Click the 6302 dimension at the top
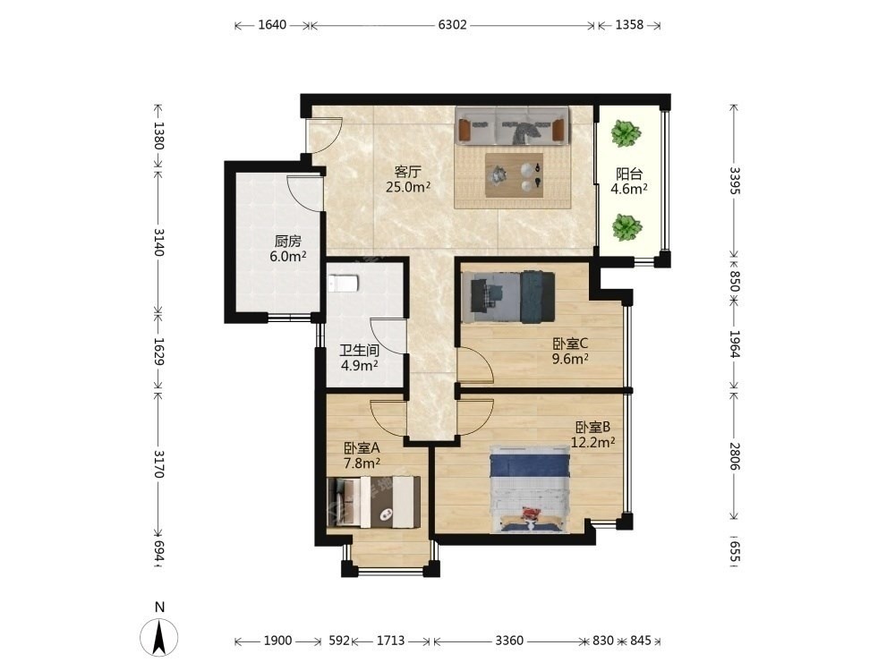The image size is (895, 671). (x=452, y=25)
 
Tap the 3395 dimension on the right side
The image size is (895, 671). (x=735, y=181)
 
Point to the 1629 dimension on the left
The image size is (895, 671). (x=158, y=352)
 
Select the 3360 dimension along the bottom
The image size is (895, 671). (x=508, y=641)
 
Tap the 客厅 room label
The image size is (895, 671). (x=407, y=172)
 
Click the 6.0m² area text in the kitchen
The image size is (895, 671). (x=287, y=257)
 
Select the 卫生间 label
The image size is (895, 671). (x=359, y=351)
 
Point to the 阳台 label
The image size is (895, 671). (x=629, y=174)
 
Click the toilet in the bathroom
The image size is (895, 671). (x=343, y=283)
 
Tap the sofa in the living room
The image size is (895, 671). (x=512, y=125)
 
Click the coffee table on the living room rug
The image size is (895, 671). (x=515, y=174)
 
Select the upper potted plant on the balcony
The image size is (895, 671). (x=626, y=134)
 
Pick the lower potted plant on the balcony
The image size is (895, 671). (x=626, y=227)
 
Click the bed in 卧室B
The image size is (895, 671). (x=531, y=489)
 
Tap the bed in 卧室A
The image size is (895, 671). (x=374, y=502)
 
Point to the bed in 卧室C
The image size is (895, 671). (x=508, y=297)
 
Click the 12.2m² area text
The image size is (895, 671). (x=593, y=442)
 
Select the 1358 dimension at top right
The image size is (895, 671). (x=629, y=25)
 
